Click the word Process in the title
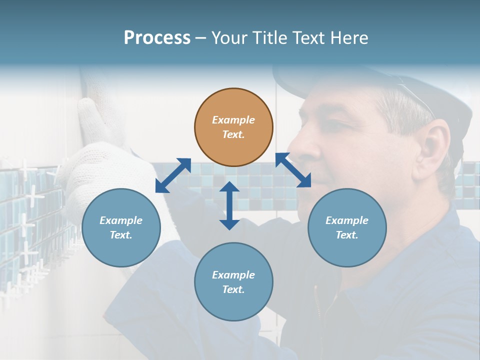157,38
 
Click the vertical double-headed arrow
229,205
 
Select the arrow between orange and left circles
173,175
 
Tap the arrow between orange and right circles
293,170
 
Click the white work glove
100,165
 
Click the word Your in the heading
228,38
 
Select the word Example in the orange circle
233,120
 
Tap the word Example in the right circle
347,220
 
